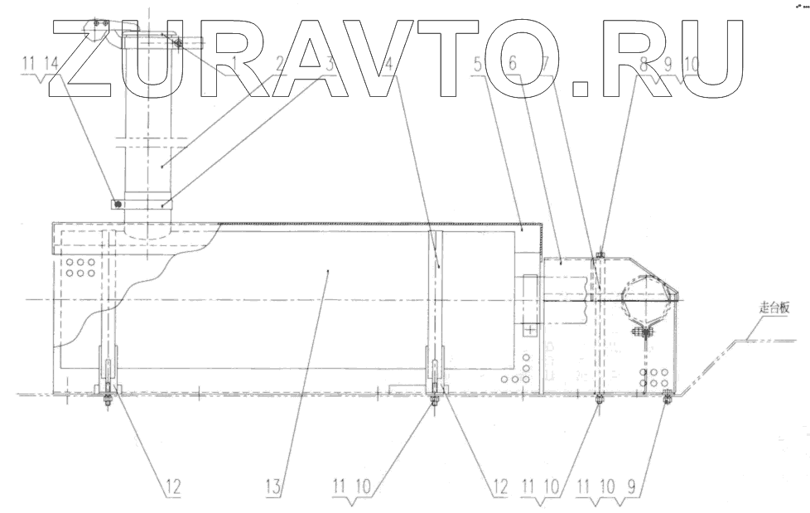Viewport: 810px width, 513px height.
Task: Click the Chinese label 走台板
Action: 775,307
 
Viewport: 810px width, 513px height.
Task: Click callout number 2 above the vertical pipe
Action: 279,64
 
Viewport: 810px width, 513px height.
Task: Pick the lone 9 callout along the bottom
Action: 633,486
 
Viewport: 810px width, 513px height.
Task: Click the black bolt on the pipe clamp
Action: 118,203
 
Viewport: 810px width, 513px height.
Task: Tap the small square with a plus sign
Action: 530,329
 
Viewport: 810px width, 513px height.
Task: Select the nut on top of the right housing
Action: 600,254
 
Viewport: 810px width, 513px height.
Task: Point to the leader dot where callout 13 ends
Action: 329,270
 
